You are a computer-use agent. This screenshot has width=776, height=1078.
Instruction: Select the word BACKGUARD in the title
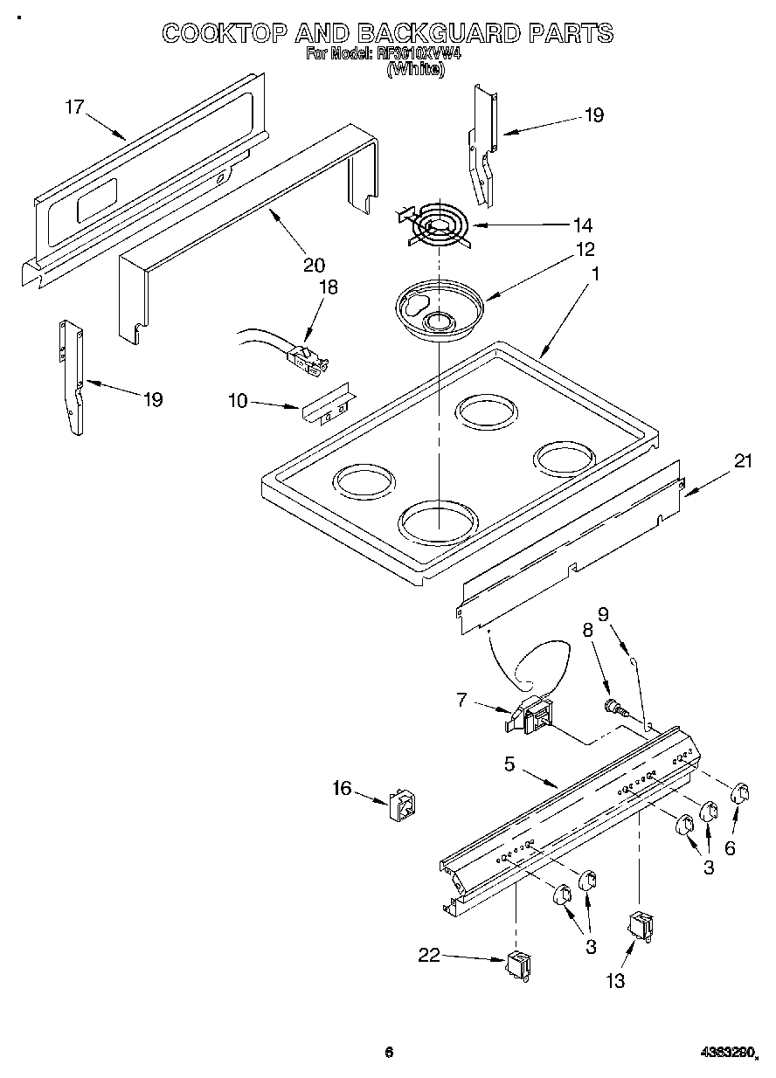pyautogui.click(x=417, y=34)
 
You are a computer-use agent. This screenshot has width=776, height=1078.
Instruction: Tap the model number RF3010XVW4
pyautogui.click(x=419, y=53)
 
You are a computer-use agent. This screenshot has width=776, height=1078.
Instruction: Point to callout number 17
pyautogui.click(x=74, y=107)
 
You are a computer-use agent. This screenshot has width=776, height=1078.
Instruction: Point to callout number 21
pyautogui.click(x=742, y=463)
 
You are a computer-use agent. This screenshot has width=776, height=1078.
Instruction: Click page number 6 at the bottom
pyautogui.click(x=389, y=1052)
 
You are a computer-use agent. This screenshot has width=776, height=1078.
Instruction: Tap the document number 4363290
pyautogui.click(x=728, y=1053)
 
